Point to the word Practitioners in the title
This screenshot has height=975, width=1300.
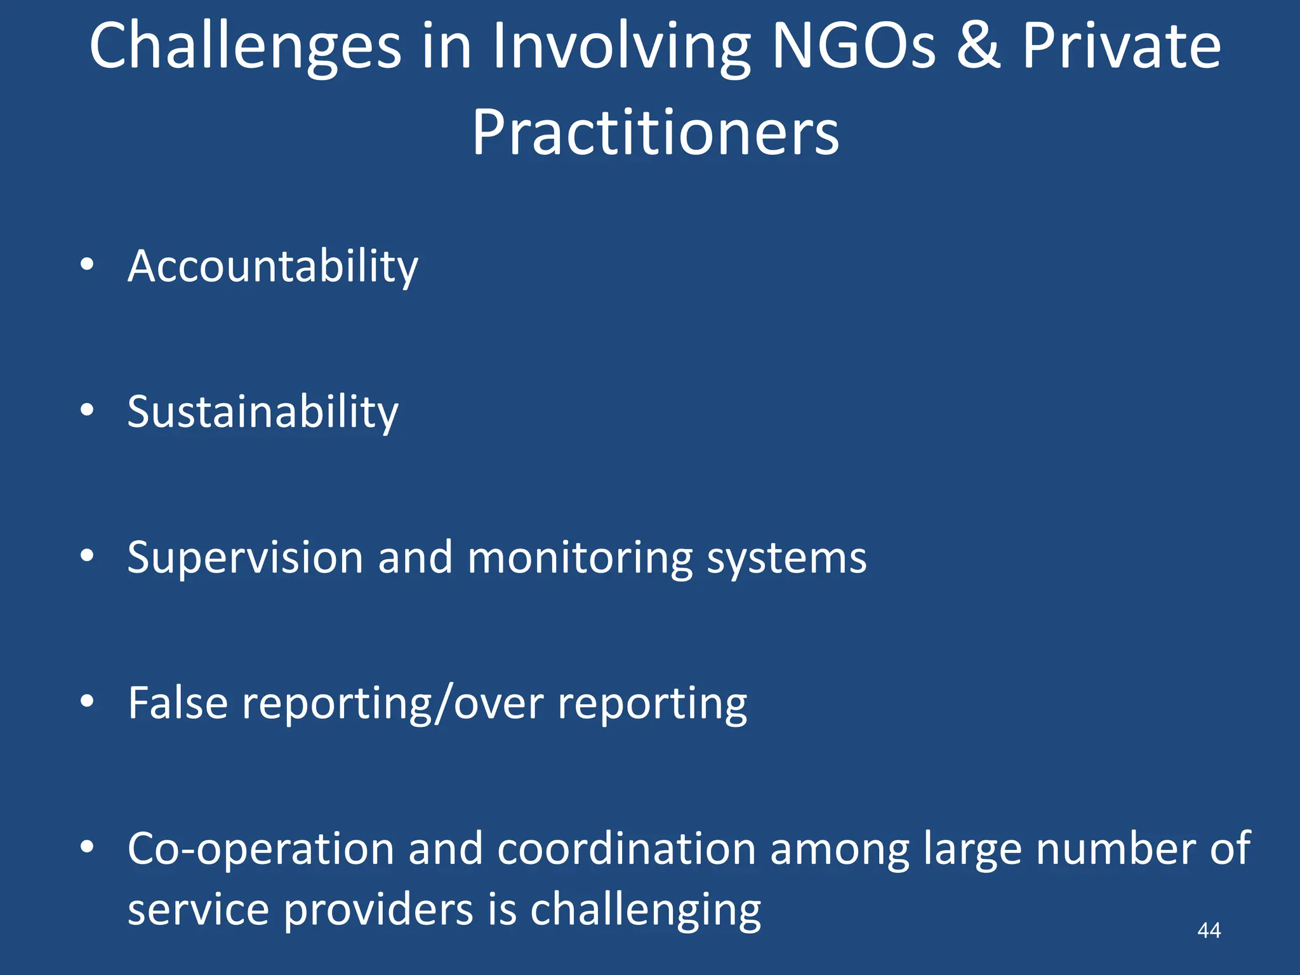[655, 133]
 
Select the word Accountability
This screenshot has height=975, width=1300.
[273, 267]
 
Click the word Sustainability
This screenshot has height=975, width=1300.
[263, 413]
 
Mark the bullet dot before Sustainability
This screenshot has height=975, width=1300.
[88, 409]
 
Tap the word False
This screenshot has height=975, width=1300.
[178, 703]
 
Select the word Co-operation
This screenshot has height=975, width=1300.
[261, 849]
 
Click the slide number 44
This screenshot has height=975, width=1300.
[1209, 931]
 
